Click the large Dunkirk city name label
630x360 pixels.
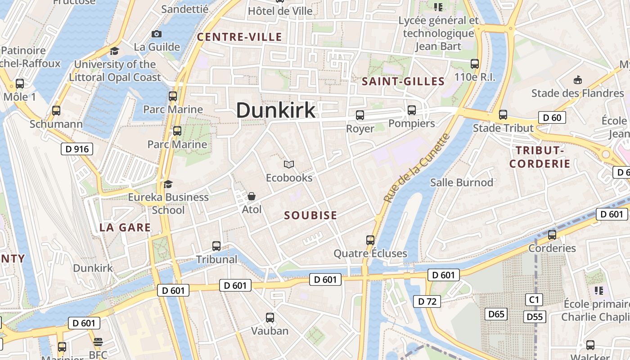(276, 110)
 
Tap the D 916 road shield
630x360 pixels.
(76, 149)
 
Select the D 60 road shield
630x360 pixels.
(552, 118)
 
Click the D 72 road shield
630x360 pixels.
(426, 301)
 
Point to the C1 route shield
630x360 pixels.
(534, 300)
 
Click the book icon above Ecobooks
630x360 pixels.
(289, 165)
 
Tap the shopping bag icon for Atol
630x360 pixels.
(252, 196)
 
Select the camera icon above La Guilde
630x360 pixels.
(157, 34)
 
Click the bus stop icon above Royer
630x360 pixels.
(360, 115)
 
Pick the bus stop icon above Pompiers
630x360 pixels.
(411, 110)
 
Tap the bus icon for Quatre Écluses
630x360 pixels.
(370, 240)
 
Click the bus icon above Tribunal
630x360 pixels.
(216, 246)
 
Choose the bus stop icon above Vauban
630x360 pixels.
(270, 318)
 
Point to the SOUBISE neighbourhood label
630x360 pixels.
(310, 216)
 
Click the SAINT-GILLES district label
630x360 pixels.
(403, 81)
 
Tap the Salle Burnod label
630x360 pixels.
(462, 183)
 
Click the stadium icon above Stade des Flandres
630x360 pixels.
(578, 80)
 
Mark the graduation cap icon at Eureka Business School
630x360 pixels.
(168, 184)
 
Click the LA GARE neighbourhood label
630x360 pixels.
(125, 228)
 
